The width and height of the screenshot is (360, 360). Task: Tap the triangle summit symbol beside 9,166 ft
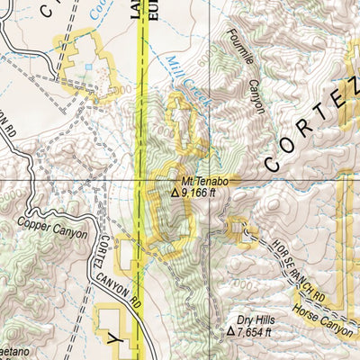point(175,191)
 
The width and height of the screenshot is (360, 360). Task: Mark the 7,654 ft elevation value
point(256,331)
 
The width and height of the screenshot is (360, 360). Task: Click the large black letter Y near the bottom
point(113,337)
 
